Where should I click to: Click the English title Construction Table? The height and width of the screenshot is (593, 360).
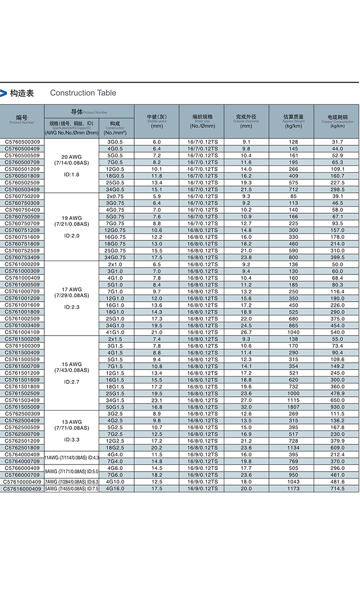point(83,93)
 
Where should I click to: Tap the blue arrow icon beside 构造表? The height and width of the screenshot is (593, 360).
point(4,93)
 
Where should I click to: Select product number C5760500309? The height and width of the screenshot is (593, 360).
point(22,142)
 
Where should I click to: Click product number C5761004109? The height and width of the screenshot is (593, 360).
point(22,332)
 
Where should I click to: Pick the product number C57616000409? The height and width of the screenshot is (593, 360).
point(22,488)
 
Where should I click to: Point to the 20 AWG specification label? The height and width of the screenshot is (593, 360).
point(71,156)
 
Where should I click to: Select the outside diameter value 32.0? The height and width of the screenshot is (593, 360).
point(246,407)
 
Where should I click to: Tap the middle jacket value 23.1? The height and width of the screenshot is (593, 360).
point(157,400)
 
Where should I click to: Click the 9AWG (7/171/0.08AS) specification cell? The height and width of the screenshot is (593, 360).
point(71,471)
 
